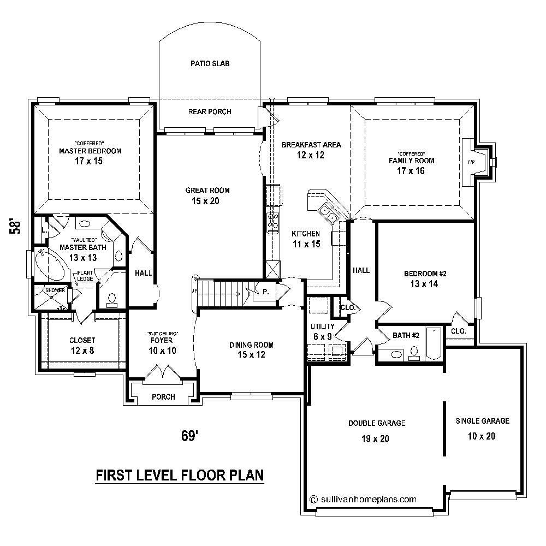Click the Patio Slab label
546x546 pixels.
[x=210, y=64]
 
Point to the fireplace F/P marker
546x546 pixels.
[x=472, y=162]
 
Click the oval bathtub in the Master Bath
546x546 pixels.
[x=51, y=266]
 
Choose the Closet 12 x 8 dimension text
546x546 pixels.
[x=82, y=350]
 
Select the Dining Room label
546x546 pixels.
[x=251, y=345]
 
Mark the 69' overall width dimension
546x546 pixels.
[x=189, y=436]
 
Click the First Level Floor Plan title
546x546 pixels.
[x=180, y=475]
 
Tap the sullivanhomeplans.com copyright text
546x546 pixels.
[x=363, y=498]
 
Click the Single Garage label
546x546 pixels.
[x=483, y=421]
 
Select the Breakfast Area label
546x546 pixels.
[x=311, y=145]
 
